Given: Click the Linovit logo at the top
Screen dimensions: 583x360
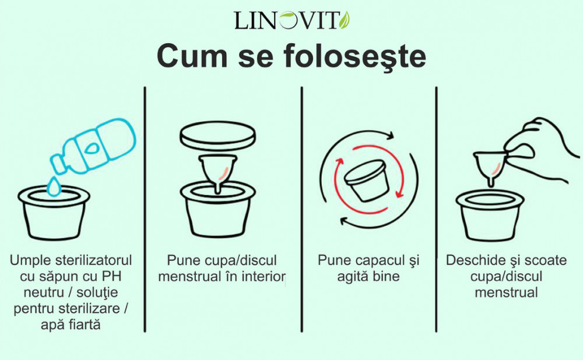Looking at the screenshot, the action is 292,20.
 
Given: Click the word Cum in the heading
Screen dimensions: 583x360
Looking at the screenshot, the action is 192,56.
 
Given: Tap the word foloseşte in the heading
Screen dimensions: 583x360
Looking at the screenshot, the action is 355,56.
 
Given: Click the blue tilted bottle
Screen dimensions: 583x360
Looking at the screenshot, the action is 93,146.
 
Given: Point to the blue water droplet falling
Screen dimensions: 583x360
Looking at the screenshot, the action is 54,186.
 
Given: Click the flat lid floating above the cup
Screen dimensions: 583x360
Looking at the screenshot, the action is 218,136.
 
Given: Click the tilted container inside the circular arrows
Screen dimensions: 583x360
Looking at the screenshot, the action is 367,181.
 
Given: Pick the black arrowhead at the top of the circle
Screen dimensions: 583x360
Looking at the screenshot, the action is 389,136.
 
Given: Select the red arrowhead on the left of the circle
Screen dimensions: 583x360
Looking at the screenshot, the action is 339,163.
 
